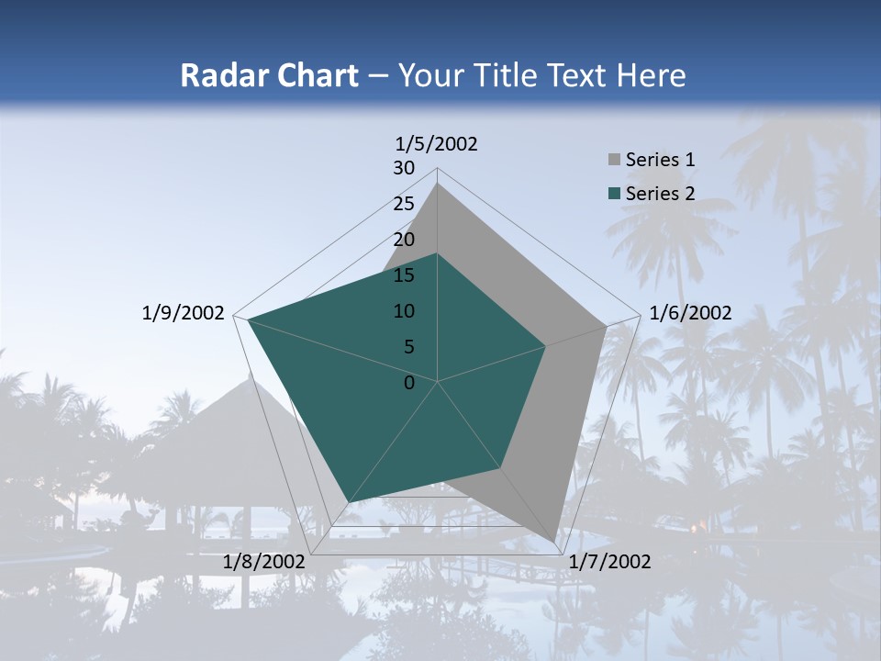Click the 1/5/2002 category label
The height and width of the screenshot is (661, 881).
click(x=437, y=144)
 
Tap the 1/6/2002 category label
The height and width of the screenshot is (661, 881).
click(x=690, y=313)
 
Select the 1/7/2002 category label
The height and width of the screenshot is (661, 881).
click(x=609, y=562)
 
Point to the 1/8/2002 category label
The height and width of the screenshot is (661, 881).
click(x=263, y=562)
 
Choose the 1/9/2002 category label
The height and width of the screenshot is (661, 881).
click(x=184, y=313)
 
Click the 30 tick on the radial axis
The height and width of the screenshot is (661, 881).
click(x=404, y=168)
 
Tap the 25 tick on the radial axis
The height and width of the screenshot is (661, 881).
click(x=404, y=204)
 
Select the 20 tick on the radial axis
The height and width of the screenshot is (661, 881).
click(x=404, y=240)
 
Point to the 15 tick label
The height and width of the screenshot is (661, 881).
click(x=404, y=275)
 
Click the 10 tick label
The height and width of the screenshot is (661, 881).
click(x=404, y=311)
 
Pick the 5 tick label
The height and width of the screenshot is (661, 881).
click(x=408, y=347)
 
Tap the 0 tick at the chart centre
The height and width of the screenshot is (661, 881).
click(x=409, y=383)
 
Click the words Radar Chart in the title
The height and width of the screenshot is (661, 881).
click(x=269, y=75)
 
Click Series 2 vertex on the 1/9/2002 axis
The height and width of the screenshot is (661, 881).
click(x=248, y=319)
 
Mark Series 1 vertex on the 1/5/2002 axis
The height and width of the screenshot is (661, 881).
click(x=438, y=184)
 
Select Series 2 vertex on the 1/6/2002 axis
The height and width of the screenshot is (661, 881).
click(x=546, y=346)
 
